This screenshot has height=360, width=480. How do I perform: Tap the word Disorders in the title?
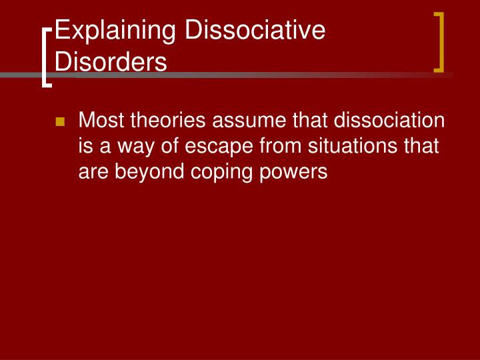(x=111, y=62)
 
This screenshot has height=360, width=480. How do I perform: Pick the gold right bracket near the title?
(x=439, y=41)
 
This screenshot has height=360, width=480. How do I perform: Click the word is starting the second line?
(x=85, y=146)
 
